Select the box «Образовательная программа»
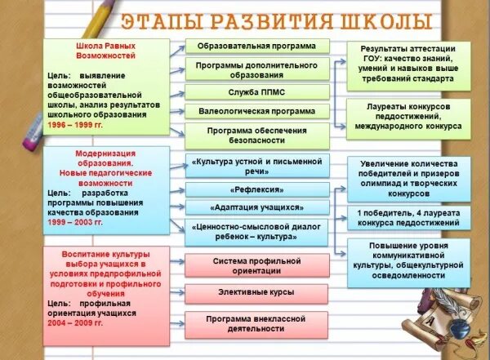pos(256,46)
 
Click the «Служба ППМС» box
pos(256,91)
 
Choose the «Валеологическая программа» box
pos(256,110)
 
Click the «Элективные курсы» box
pos(256,291)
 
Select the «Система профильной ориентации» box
pos(256,266)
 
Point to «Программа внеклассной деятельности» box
pos(256,323)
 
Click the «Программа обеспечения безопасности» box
pos(256,136)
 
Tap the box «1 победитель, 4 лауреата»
pos(408,218)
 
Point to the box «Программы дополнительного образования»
pos(256,69)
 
